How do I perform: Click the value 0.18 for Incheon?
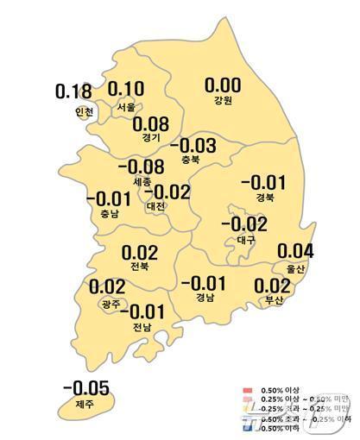click(x=73, y=91)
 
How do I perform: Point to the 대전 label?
click(x=156, y=206)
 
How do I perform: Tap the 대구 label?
click(x=244, y=240)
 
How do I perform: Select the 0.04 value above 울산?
click(x=297, y=252)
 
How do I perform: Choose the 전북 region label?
click(x=139, y=269)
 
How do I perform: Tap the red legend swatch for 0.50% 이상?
click(x=248, y=392)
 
